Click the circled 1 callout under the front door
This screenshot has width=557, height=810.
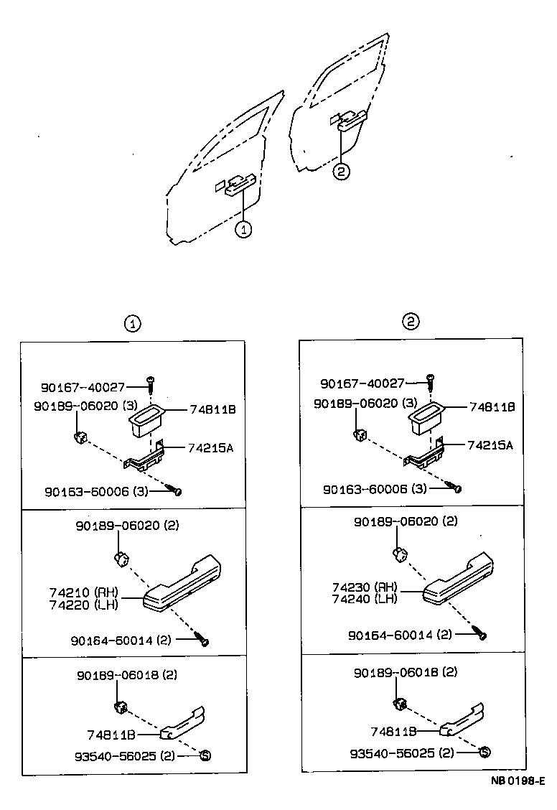(x=244, y=230)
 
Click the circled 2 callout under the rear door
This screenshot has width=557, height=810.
(x=342, y=172)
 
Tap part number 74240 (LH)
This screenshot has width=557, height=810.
(x=365, y=599)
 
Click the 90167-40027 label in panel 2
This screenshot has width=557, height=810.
(x=362, y=384)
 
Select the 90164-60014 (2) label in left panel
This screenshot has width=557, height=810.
(x=121, y=641)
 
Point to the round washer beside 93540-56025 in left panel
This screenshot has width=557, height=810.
(x=204, y=755)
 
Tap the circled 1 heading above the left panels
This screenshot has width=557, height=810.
(x=132, y=324)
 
